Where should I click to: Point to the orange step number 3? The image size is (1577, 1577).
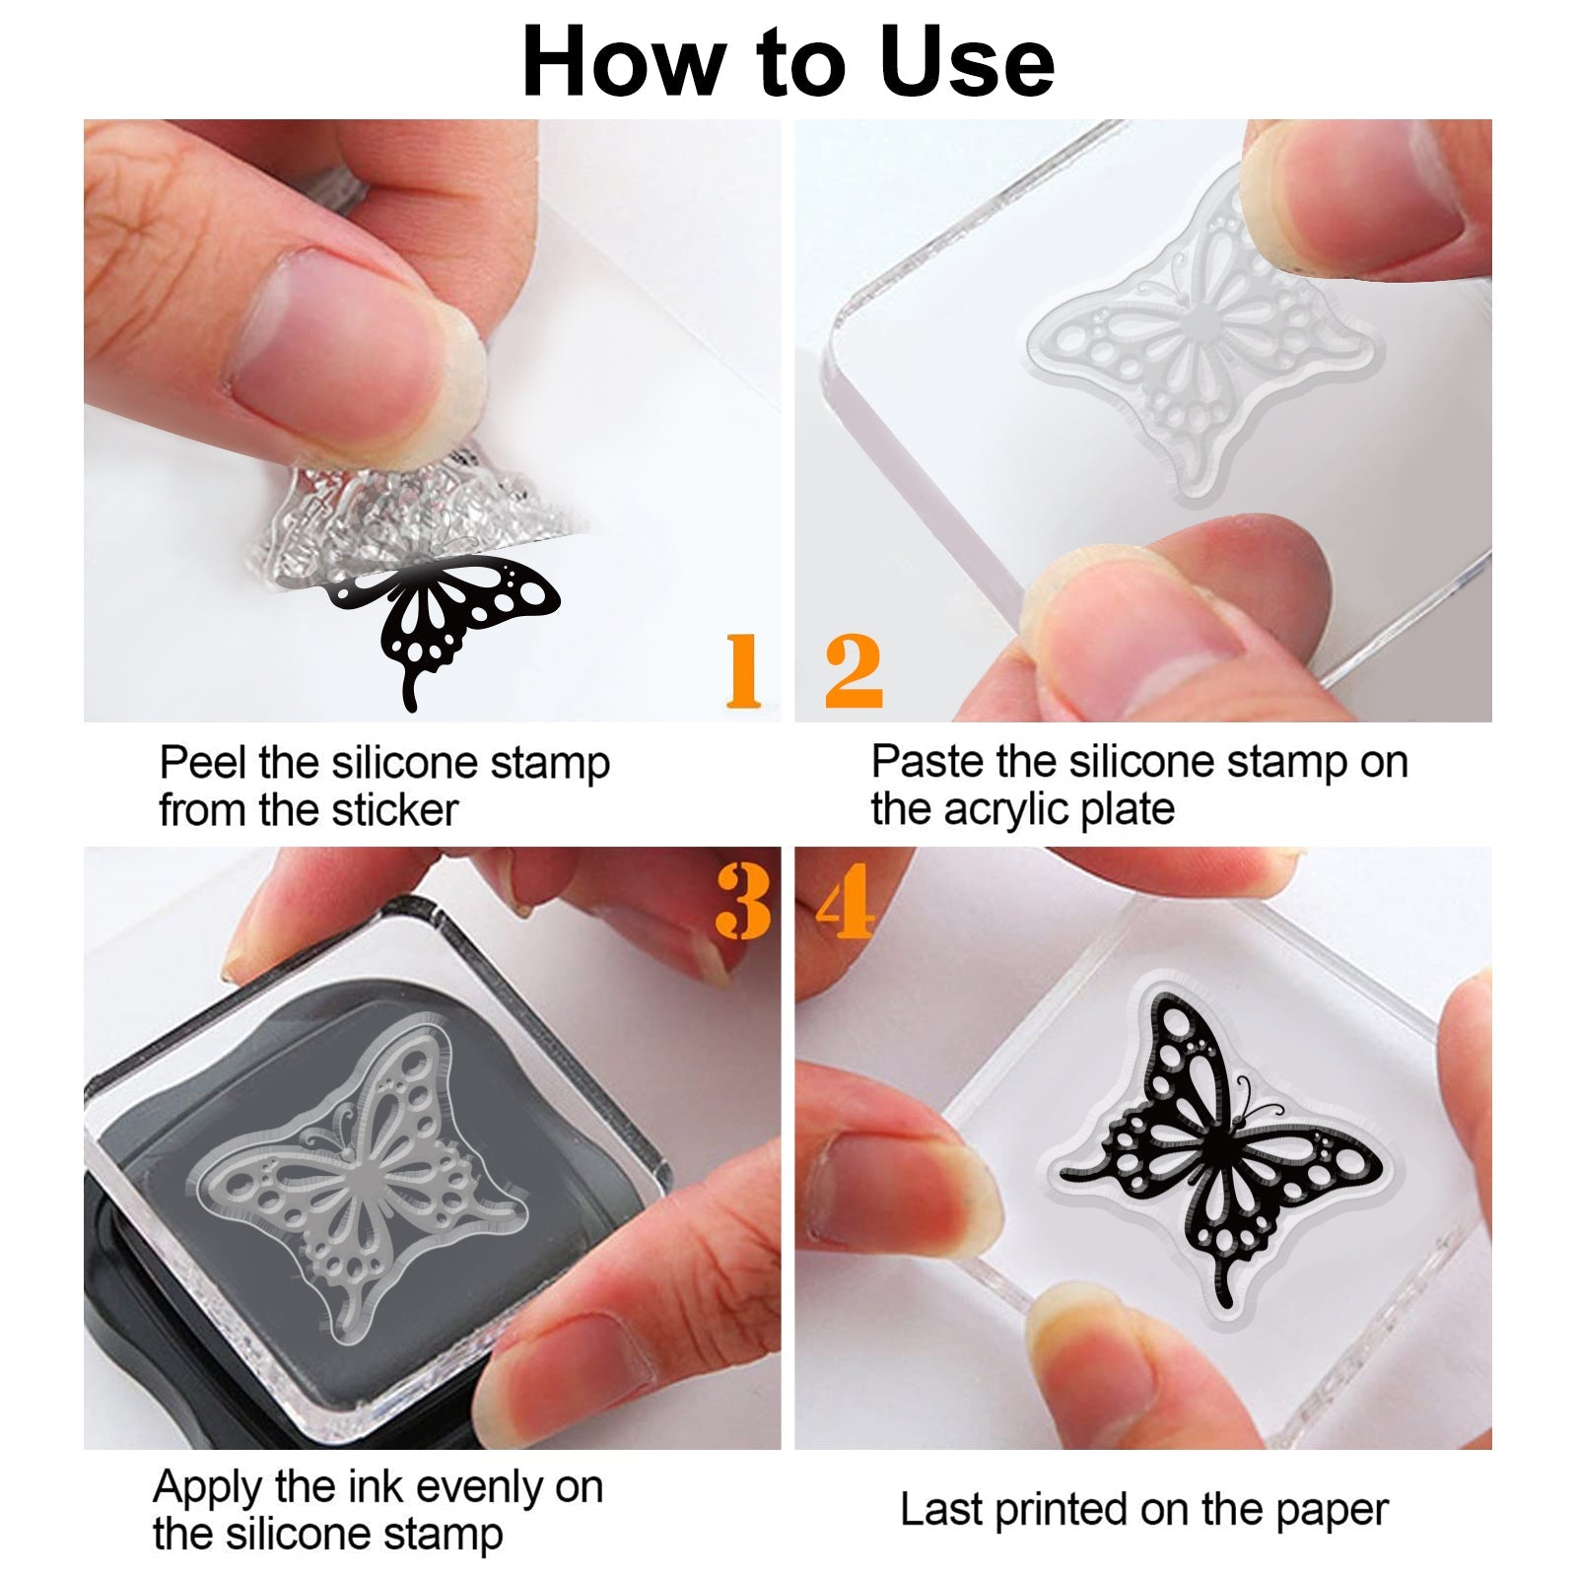(x=744, y=901)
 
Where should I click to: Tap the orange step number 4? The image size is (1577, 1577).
(x=847, y=901)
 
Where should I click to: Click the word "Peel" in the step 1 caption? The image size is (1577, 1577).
(x=203, y=763)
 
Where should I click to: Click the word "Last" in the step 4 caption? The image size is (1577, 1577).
(x=941, y=1509)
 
